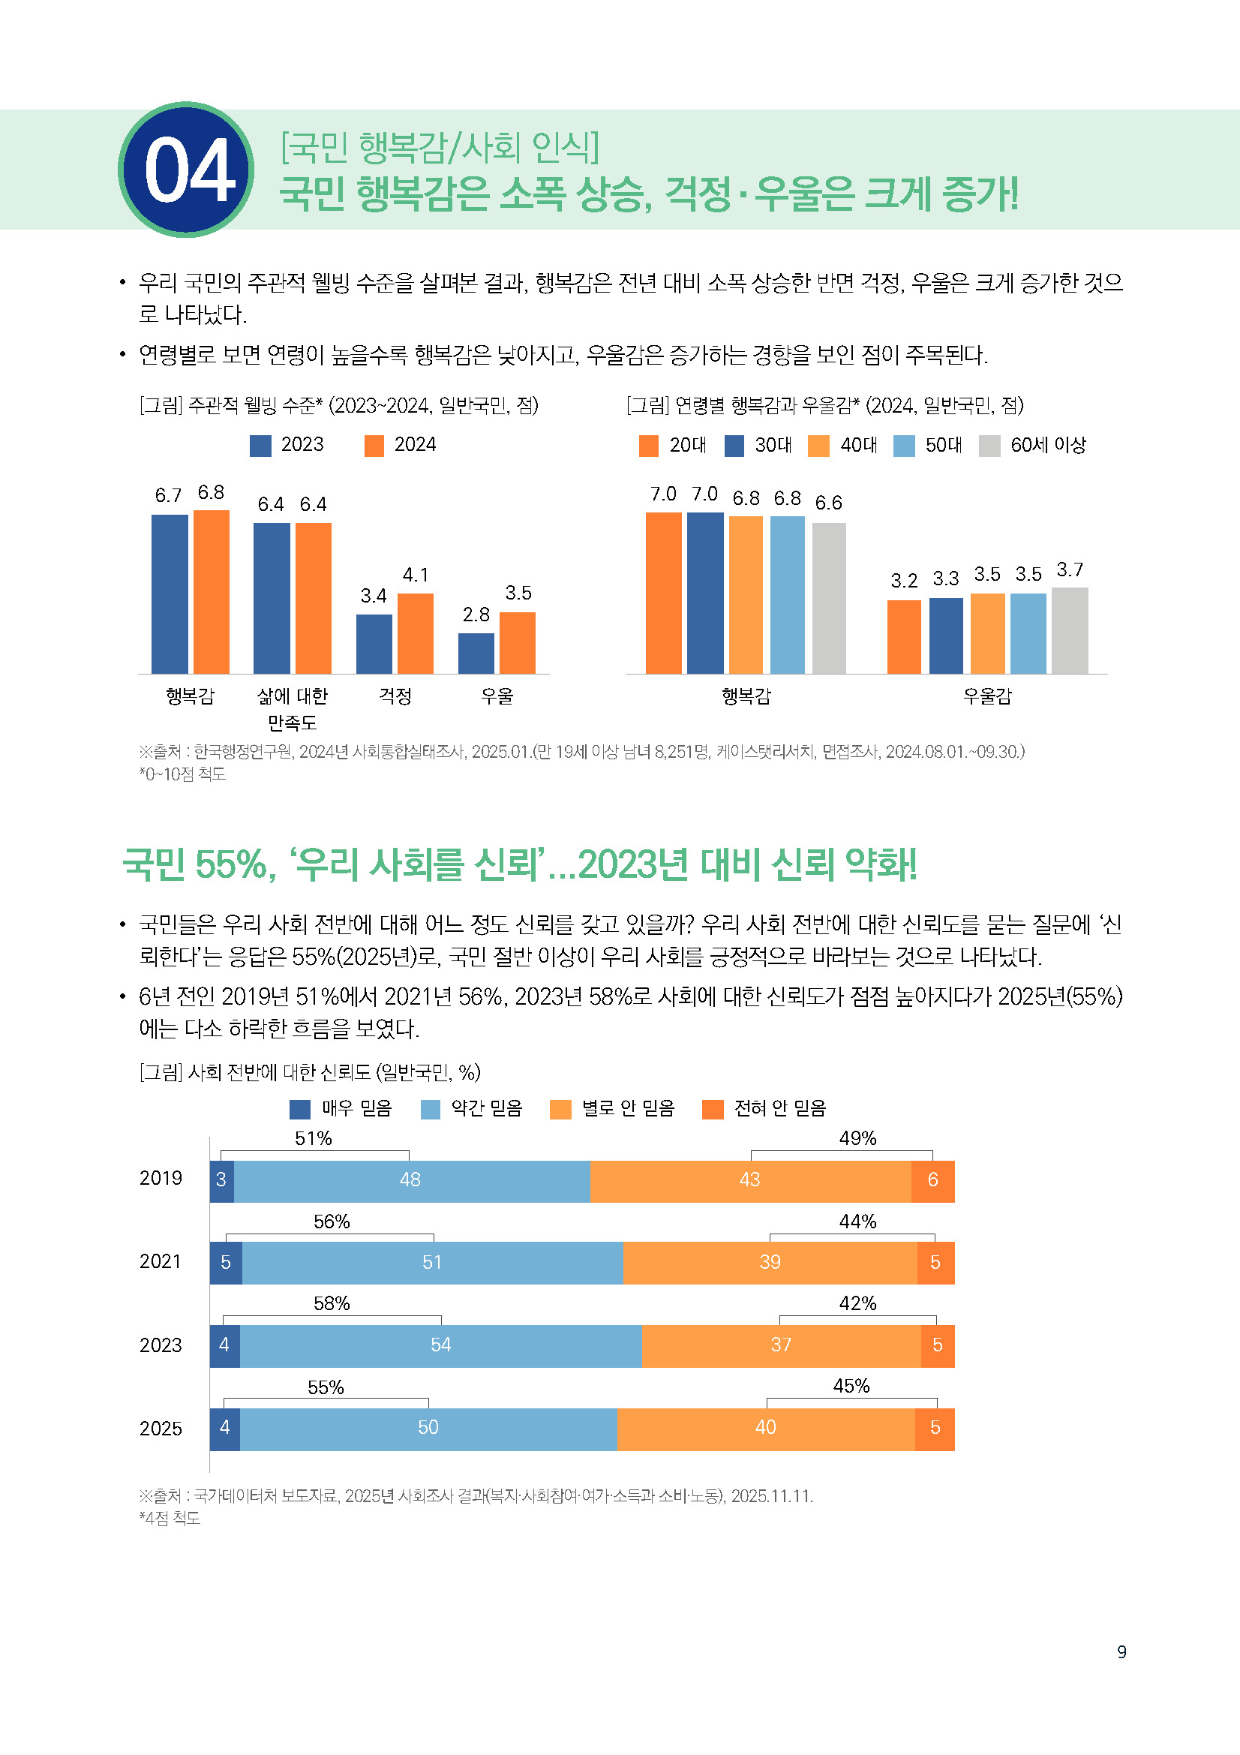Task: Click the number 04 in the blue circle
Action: point(188,170)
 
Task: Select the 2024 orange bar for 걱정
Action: point(415,633)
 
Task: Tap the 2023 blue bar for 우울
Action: point(476,653)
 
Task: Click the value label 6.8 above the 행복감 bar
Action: point(211,492)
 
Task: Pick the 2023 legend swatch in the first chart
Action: point(260,446)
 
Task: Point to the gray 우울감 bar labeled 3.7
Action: point(1070,630)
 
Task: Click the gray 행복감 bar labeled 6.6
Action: point(828,598)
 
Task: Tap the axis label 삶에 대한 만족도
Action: point(292,708)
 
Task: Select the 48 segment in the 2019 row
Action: point(411,1180)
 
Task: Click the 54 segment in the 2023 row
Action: point(441,1345)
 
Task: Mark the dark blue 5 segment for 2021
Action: point(225,1263)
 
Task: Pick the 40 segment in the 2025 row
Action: point(765,1428)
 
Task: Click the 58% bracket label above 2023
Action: point(332,1304)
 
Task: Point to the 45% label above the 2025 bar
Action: point(851,1387)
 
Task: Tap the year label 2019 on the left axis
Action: point(161,1179)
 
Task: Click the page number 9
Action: point(1121,1651)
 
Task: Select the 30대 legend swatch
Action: point(734,446)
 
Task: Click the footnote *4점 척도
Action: point(170,1519)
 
